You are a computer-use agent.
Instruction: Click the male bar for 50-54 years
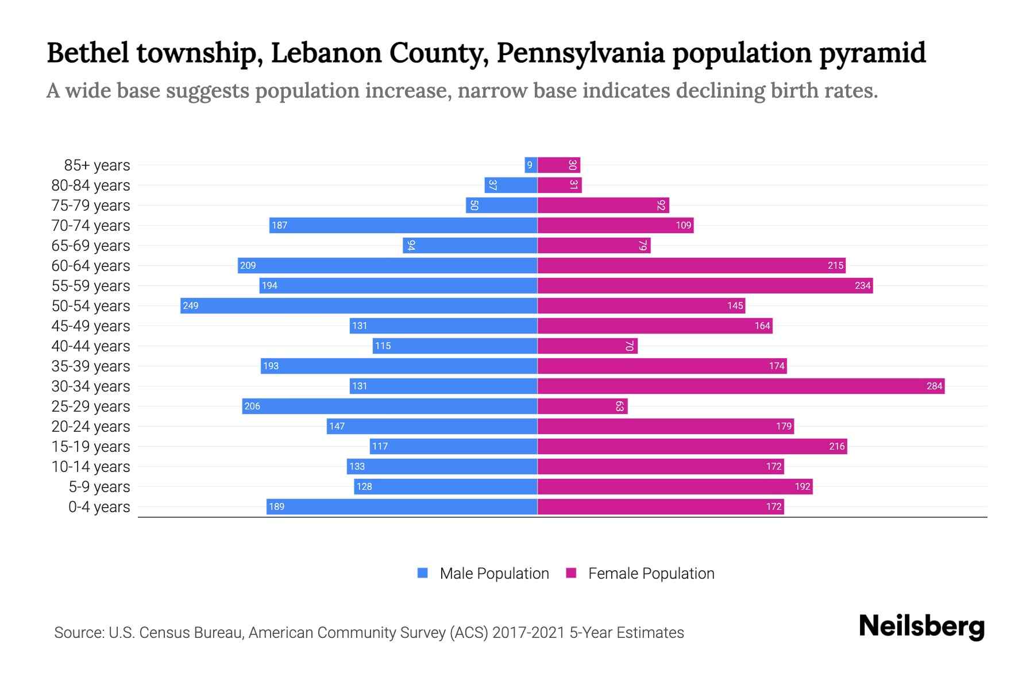(x=358, y=305)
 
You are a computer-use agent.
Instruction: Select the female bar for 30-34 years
(x=741, y=386)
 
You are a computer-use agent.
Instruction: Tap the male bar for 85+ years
(x=531, y=165)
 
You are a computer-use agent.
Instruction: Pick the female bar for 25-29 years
(x=582, y=406)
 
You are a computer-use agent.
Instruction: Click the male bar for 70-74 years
(x=403, y=225)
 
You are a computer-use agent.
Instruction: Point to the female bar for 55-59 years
(x=705, y=285)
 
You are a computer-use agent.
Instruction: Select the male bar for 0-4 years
(x=402, y=506)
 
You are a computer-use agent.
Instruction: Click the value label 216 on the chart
(x=836, y=446)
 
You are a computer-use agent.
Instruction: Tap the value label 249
(x=190, y=305)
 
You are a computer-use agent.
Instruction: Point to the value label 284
(x=934, y=386)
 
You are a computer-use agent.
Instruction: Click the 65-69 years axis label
(x=91, y=246)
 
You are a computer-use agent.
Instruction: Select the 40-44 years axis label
(x=91, y=346)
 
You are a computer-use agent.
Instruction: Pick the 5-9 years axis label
(x=99, y=487)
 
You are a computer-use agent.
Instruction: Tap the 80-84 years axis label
(x=91, y=185)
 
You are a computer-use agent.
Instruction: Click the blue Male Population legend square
(x=423, y=573)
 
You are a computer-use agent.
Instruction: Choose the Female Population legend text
(x=651, y=574)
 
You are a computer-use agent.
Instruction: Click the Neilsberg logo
(x=921, y=626)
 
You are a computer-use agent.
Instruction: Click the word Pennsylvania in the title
(x=580, y=53)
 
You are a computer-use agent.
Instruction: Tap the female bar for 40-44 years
(x=587, y=346)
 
